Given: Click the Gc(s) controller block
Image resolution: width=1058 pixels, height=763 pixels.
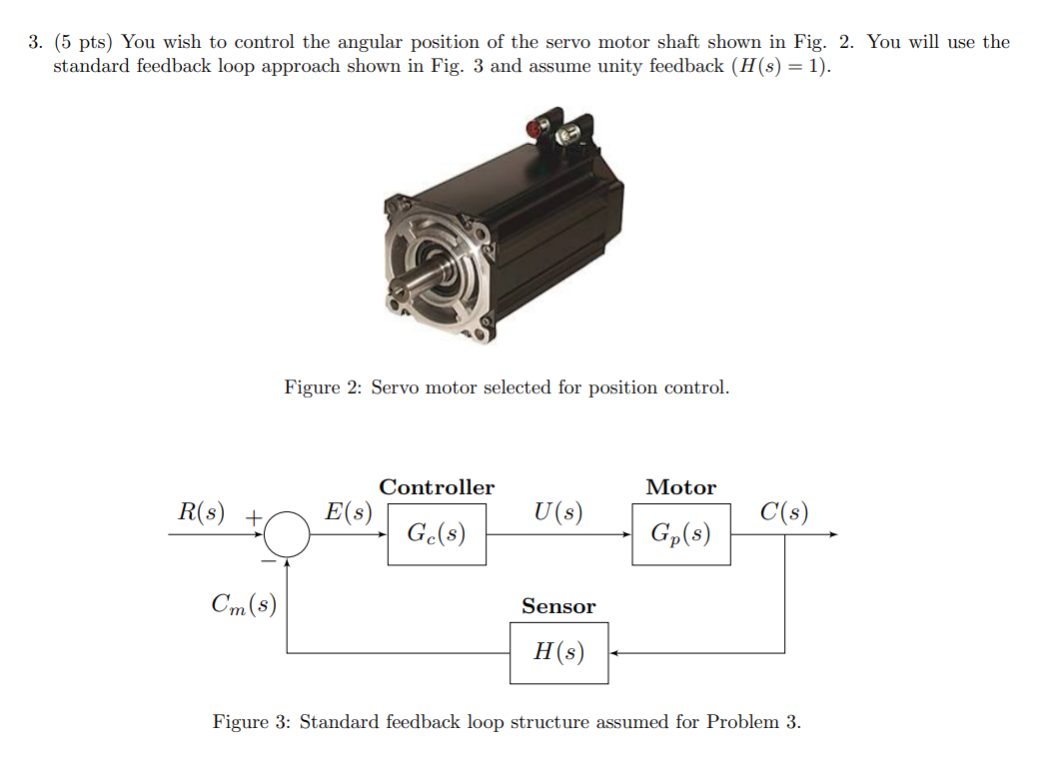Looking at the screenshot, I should (x=437, y=534).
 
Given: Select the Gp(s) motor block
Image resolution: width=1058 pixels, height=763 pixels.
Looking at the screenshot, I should (x=680, y=534).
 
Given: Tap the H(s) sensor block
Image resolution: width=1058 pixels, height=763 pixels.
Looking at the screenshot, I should (x=558, y=653).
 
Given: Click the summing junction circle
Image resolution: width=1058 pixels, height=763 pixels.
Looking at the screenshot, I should (x=288, y=534).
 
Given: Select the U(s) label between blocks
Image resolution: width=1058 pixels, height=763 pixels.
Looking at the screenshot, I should (x=557, y=512).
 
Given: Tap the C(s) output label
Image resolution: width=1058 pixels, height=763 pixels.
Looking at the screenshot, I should (x=783, y=512).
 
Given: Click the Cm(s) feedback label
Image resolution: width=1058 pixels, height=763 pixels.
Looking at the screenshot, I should (x=244, y=603).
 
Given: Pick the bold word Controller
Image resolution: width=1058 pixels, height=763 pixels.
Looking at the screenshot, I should (x=437, y=487).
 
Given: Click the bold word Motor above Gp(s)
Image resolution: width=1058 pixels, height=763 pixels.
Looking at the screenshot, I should (x=680, y=487).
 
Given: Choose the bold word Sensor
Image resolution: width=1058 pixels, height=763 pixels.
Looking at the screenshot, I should (x=558, y=606).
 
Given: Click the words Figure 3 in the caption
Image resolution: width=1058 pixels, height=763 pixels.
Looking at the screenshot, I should (x=244, y=721).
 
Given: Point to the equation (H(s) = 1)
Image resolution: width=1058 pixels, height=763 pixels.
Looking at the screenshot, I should (x=778, y=67).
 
